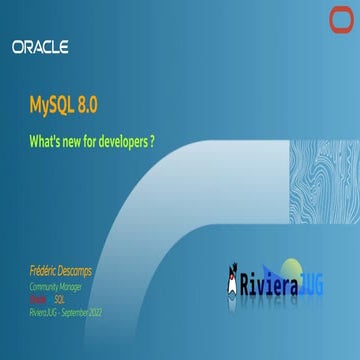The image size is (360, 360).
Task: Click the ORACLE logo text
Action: pos(40,46)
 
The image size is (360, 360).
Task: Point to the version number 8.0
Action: pos(85,102)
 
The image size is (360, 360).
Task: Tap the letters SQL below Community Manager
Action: pos(59,299)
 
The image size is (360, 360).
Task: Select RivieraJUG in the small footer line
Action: pos(38,312)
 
